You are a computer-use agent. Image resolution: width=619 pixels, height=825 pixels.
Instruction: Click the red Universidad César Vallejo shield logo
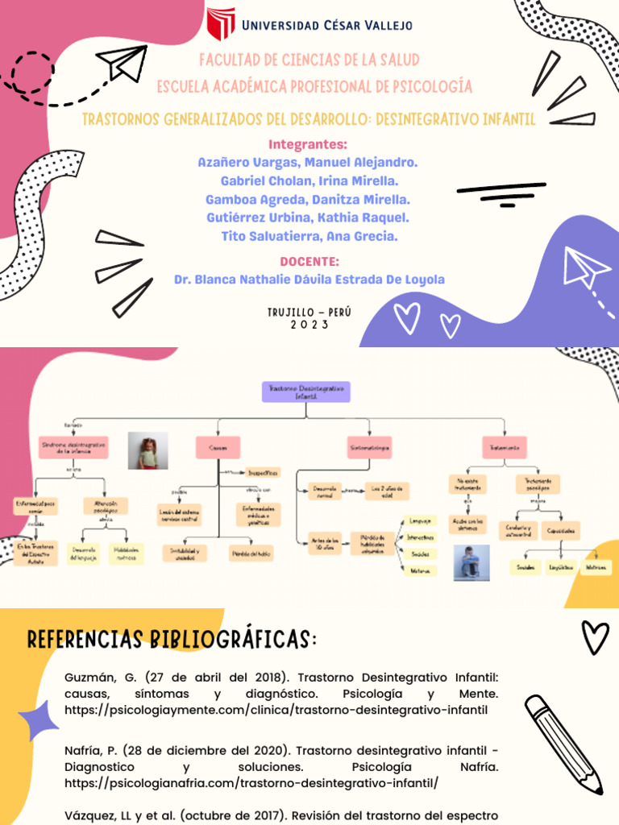(x=221, y=24)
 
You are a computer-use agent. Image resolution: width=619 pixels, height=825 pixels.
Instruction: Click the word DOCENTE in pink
(x=309, y=262)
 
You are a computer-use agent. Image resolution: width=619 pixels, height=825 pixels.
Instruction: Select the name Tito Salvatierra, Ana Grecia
(x=309, y=236)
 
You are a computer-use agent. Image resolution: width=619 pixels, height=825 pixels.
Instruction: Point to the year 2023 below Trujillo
(x=309, y=325)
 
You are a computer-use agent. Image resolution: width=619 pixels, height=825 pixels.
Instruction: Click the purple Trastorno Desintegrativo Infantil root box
(x=306, y=392)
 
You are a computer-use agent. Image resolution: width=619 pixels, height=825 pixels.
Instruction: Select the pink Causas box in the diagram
(x=218, y=446)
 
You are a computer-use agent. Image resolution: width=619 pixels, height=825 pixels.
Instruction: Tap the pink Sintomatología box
(x=370, y=446)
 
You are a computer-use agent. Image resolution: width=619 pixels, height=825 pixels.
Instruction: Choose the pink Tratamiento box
(x=504, y=446)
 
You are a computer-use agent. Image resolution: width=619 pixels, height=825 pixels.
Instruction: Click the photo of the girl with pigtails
(x=147, y=451)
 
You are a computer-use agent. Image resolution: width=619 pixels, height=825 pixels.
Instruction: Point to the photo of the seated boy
(x=471, y=562)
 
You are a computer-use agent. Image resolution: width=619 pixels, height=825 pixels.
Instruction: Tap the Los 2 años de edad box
(x=386, y=491)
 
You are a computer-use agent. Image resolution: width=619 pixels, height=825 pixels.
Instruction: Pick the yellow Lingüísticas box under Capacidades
(x=561, y=568)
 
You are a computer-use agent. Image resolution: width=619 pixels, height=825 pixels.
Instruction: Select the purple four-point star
(x=38, y=719)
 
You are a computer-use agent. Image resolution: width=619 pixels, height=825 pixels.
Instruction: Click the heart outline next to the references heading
(x=596, y=637)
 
